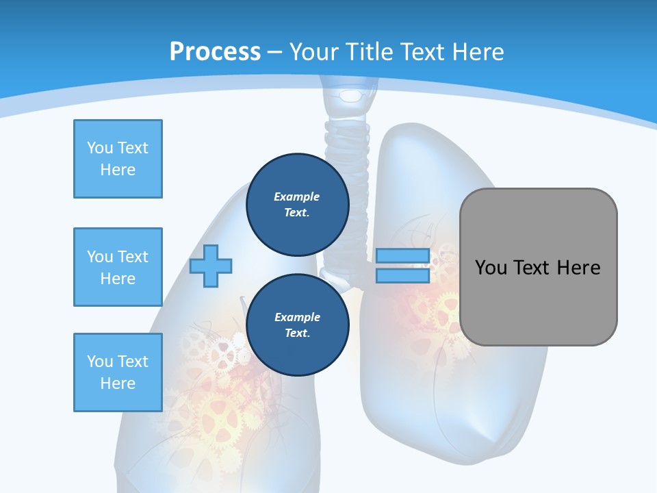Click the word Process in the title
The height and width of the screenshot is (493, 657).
215,52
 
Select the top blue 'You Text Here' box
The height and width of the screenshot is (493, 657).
118,159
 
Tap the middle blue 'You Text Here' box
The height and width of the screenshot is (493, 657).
118,267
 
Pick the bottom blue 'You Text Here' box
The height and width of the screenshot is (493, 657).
118,372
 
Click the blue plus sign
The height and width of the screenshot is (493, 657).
211,265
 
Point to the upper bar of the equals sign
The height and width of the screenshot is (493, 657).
402,255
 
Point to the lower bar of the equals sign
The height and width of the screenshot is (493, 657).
402,275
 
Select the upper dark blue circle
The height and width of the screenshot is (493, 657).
297,204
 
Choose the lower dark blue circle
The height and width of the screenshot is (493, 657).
297,325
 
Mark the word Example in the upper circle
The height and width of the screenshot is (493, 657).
297,197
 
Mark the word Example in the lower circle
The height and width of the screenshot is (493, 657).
297,317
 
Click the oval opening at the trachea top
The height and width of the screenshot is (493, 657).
351,95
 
